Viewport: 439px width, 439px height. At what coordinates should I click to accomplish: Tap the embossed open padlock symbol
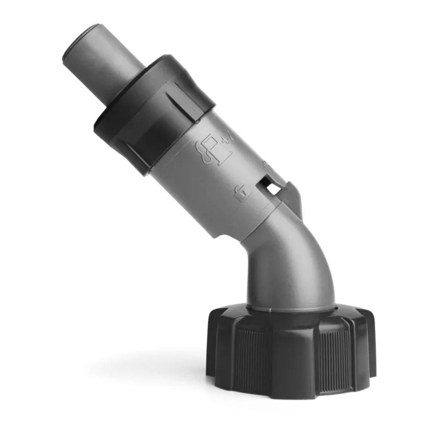tap(242, 193)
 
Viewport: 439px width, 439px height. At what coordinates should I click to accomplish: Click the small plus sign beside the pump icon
tap(227, 139)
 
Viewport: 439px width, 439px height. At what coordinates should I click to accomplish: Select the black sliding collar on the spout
tap(154, 112)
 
